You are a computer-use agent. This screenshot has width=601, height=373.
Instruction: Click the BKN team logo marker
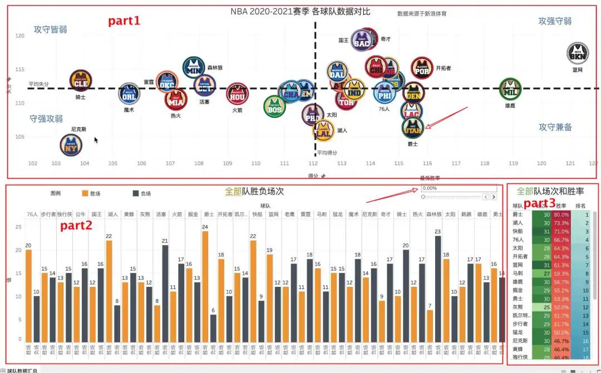tap(577, 53)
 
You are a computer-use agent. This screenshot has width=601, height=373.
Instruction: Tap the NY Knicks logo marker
tap(71, 146)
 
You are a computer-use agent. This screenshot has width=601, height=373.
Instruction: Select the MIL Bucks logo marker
tap(510, 89)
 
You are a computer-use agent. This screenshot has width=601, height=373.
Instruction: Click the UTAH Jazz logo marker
tap(412, 128)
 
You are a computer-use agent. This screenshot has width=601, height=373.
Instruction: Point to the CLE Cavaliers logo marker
tap(81, 81)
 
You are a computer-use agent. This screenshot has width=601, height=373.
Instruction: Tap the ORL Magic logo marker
tap(129, 93)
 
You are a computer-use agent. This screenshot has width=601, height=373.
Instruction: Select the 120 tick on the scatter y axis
tap(20, 36)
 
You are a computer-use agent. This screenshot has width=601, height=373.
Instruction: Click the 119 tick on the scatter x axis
tap(513, 163)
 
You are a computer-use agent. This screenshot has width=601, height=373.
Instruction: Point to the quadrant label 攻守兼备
tap(555, 127)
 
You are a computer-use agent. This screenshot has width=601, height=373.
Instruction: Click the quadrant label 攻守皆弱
tap(50, 29)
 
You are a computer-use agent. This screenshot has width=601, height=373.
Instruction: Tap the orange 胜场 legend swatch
tap(85, 193)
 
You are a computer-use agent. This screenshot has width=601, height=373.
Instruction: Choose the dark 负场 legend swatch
tap(135, 193)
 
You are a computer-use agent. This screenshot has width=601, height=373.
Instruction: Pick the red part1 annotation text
tap(124, 21)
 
